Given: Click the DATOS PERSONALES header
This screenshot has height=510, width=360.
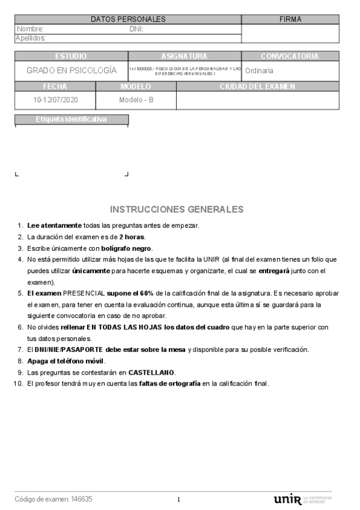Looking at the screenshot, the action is (x=128, y=19).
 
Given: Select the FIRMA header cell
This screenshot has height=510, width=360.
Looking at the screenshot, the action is (x=290, y=19).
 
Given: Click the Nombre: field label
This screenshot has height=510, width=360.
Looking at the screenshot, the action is (x=30, y=29).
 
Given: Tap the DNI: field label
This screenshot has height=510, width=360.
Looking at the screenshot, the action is (x=136, y=29).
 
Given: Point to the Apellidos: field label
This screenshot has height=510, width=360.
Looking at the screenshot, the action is (x=31, y=38).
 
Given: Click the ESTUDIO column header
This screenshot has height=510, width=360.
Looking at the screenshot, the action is (x=71, y=56).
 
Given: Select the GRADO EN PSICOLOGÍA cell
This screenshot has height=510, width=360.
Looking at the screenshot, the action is (x=71, y=70).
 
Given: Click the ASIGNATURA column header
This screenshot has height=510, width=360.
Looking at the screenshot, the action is (x=184, y=56).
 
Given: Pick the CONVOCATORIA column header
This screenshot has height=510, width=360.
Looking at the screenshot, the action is (x=290, y=56).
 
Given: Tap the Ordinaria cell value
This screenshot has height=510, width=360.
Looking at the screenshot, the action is (x=259, y=70).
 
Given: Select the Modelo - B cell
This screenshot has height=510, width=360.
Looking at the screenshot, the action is (x=136, y=100).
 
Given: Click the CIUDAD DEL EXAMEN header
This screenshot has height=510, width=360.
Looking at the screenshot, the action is (x=257, y=87).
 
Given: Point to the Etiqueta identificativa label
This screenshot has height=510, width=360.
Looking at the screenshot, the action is (x=71, y=119).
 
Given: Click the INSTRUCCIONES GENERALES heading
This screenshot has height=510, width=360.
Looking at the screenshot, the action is (x=177, y=209).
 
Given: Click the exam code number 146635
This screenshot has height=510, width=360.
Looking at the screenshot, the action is (x=82, y=499).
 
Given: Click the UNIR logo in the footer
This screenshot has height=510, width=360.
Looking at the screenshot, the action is (x=287, y=499).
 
